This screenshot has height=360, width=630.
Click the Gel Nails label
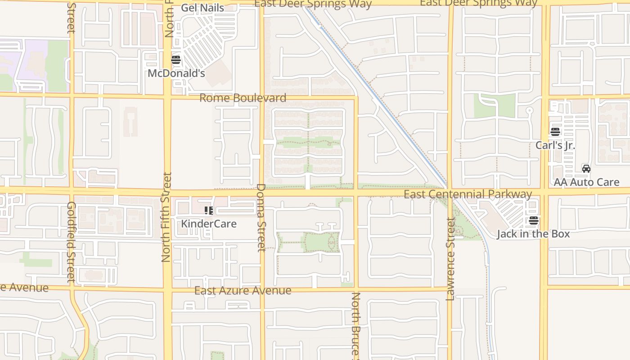click(202, 8)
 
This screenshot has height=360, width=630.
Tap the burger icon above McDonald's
click(176, 60)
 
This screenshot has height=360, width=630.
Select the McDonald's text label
click(176, 73)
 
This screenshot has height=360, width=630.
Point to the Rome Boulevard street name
click(243, 98)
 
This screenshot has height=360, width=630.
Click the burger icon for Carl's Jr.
click(555, 132)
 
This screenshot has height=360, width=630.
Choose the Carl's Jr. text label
click(555, 145)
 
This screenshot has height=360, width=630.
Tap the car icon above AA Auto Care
click(586, 169)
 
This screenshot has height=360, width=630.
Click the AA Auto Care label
click(586, 182)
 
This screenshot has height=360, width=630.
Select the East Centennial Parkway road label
click(468, 194)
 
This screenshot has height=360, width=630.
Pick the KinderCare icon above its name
click(208, 210)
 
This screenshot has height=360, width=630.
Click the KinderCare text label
click(209, 224)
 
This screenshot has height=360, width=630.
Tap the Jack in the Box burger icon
click(534, 220)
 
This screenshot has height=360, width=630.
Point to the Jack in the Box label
click(533, 234)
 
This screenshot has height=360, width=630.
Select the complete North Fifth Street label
click(166, 217)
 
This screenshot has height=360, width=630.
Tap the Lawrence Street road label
click(450, 259)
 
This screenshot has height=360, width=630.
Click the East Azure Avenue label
click(243, 291)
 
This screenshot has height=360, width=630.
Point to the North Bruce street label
click(355, 325)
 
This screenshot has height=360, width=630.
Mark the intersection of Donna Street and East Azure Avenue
click(262, 289)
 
